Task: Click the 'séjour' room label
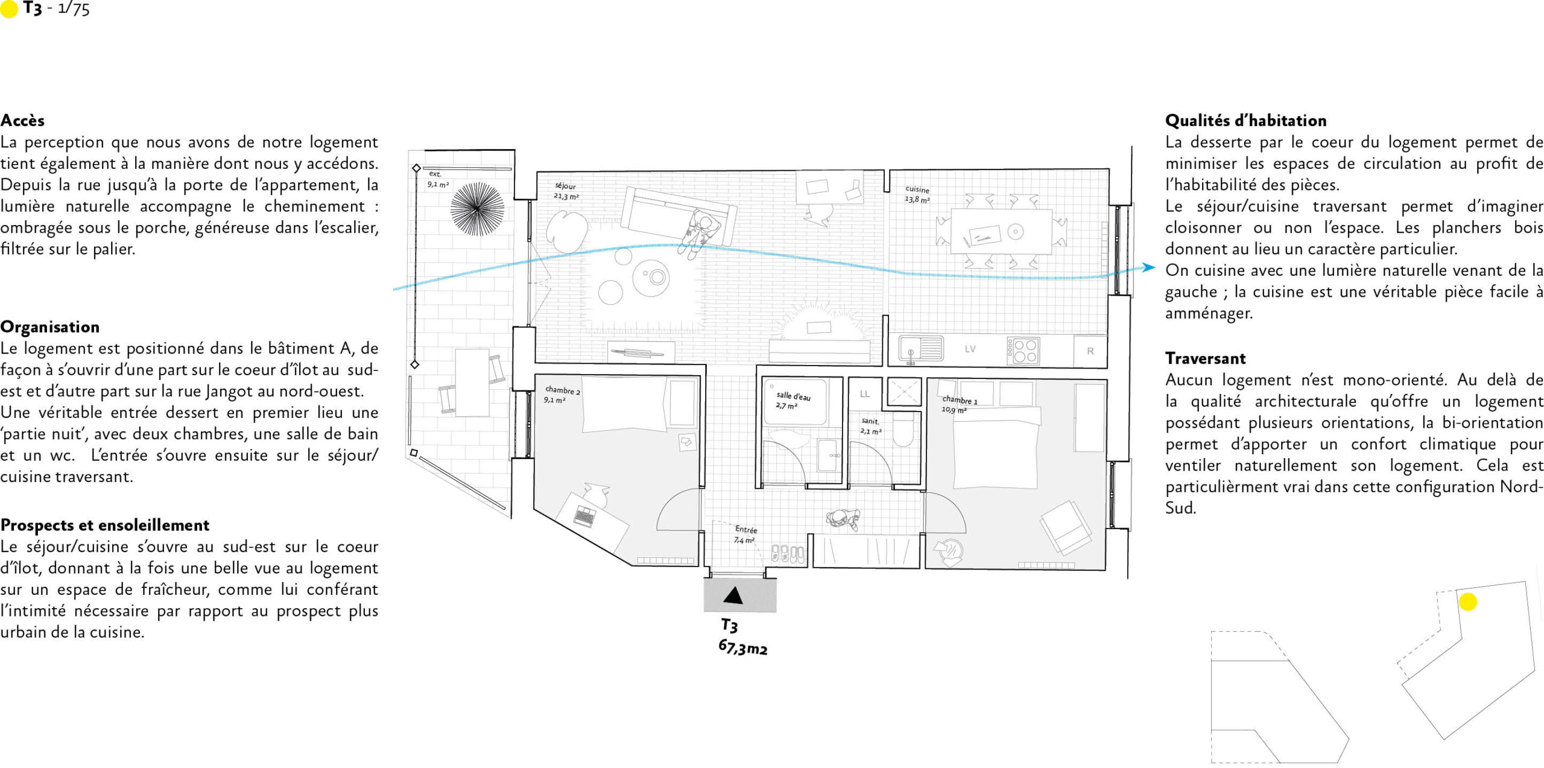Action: (x=565, y=186)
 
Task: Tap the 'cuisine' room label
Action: (x=917, y=189)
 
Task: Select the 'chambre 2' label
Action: (x=562, y=390)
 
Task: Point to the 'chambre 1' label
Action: (x=960, y=399)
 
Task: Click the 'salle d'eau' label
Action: (x=793, y=396)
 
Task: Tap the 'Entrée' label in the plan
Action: (x=746, y=529)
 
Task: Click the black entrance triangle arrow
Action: (x=733, y=595)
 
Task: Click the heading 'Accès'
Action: (x=22, y=121)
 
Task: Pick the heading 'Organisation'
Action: (x=50, y=327)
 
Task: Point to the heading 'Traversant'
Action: (x=1205, y=358)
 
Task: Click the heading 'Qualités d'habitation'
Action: (x=1245, y=121)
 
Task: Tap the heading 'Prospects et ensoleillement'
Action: (x=105, y=525)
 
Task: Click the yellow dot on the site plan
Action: (x=1467, y=601)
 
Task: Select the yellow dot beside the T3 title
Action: (x=9, y=10)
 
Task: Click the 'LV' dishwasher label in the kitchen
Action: (x=970, y=349)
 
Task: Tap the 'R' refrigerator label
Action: (x=1090, y=351)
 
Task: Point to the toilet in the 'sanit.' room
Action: (x=903, y=429)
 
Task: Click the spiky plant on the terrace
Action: (x=477, y=209)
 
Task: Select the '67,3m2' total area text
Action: (x=742, y=647)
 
